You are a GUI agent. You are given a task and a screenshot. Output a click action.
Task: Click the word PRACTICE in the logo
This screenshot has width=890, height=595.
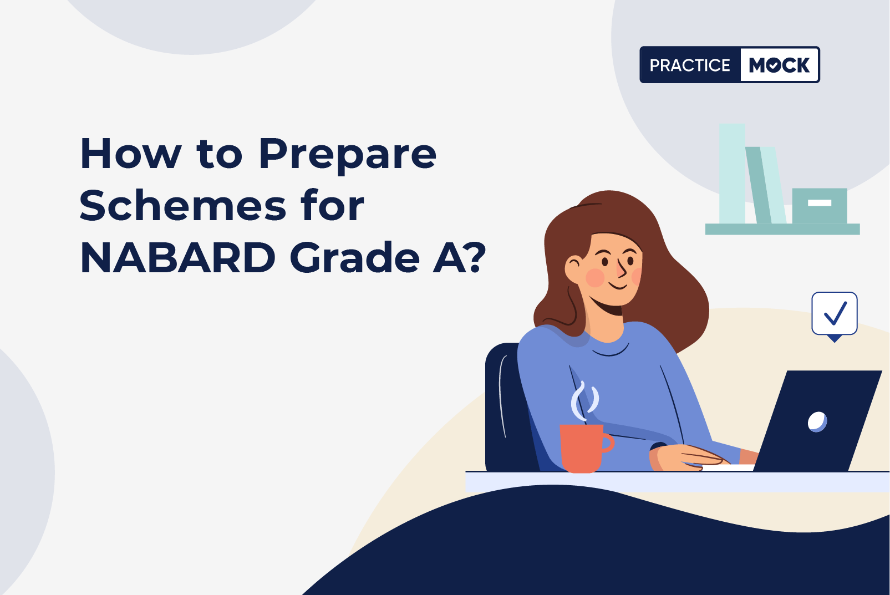[690, 65]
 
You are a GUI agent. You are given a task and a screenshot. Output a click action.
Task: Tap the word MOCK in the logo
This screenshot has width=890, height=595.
[779, 65]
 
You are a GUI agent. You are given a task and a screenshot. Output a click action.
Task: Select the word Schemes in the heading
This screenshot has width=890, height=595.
[182, 206]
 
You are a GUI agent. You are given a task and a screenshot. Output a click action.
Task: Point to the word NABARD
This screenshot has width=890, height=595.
[178, 257]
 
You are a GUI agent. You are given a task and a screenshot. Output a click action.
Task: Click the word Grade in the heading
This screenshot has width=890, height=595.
[355, 257]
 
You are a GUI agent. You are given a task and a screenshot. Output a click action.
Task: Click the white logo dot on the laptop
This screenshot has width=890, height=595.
[817, 422]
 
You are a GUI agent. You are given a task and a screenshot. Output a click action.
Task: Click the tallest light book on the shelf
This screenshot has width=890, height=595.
[733, 174]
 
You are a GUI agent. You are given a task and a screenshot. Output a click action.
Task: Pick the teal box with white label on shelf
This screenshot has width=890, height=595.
[819, 206]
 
